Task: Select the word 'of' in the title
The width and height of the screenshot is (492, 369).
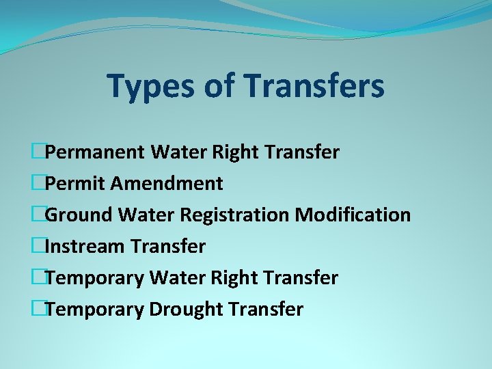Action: coord(219,87)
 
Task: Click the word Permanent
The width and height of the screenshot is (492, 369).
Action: coord(96,152)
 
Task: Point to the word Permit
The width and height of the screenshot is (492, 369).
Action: coord(74,183)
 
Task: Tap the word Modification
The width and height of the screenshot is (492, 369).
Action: coord(353,215)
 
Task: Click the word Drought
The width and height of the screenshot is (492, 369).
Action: coord(186,310)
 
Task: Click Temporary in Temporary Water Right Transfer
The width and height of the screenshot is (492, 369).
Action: coord(95,278)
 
